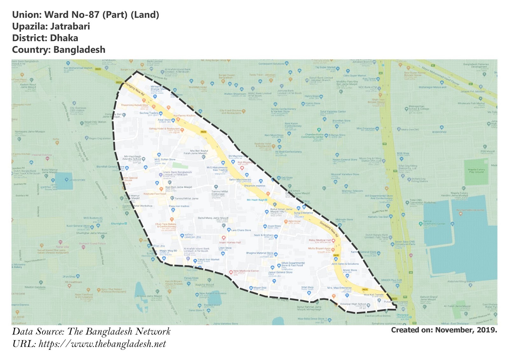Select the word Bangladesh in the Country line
[79, 50]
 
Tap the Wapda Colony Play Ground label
[476, 171]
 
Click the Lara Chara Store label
[241, 230]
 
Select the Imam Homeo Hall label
[230, 243]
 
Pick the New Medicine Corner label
[246, 271]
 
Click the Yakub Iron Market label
[208, 259]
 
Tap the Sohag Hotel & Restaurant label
[164, 129]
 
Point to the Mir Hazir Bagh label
[255, 200]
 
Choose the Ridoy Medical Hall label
[319, 240]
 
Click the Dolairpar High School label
[353, 304]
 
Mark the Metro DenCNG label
[410, 130]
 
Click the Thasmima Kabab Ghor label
[135, 105]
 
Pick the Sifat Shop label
[307, 287]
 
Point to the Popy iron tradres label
[179, 206]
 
